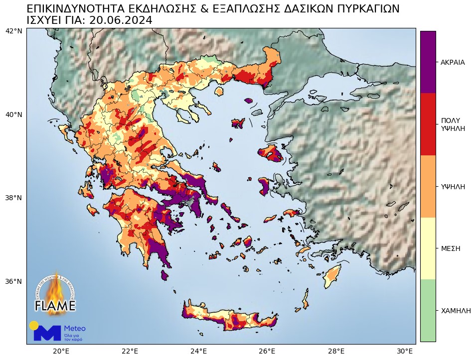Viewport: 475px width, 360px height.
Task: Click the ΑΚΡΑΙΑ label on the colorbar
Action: [x=453, y=62]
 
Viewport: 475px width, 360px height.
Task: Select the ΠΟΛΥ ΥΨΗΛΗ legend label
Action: [x=453, y=124]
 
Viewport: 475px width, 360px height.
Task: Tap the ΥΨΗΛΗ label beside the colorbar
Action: [x=453, y=187]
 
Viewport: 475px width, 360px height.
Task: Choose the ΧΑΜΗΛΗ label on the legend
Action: [x=456, y=311]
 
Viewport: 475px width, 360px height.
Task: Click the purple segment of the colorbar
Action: [x=428, y=62]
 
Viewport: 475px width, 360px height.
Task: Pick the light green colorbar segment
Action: [x=428, y=310]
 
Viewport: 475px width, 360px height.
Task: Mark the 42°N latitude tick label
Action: [x=13, y=31]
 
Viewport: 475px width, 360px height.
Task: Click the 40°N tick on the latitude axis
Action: [x=13, y=115]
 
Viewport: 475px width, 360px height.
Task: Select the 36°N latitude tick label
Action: [x=13, y=281]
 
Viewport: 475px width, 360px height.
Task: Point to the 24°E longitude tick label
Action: [x=199, y=351]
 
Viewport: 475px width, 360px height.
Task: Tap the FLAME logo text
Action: [x=55, y=305]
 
